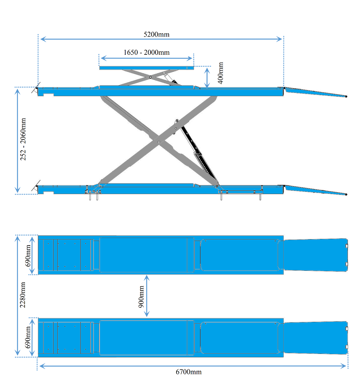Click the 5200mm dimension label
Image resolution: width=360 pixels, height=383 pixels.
click(157, 34)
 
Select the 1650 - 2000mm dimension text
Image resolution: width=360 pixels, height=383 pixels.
click(146, 53)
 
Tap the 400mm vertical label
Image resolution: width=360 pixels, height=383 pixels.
click(220, 73)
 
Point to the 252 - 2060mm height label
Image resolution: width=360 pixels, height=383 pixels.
click(23, 139)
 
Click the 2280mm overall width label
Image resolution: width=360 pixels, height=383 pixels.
click(23, 295)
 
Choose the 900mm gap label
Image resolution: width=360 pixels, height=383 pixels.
click(141, 297)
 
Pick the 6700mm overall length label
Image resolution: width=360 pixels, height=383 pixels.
click(189, 372)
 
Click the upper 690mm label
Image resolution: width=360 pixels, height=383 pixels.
click(28, 255)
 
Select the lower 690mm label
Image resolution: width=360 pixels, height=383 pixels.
click(28, 337)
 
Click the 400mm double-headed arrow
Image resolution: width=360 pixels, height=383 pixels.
click(207, 78)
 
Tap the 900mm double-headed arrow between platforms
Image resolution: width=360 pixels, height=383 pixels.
click(147, 296)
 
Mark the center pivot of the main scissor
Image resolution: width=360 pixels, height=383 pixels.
click(158, 142)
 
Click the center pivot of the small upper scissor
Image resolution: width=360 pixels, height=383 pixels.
click(150, 77)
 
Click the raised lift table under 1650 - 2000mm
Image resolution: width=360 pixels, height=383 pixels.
click(146, 68)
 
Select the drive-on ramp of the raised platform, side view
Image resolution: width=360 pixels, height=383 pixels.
click(316, 92)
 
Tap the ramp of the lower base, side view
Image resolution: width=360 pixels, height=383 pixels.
click(316, 190)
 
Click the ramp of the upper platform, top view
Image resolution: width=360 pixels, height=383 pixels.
click(316, 255)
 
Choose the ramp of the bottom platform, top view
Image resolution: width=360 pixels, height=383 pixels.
click(316, 338)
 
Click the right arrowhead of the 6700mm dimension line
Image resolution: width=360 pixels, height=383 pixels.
click(344, 366)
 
